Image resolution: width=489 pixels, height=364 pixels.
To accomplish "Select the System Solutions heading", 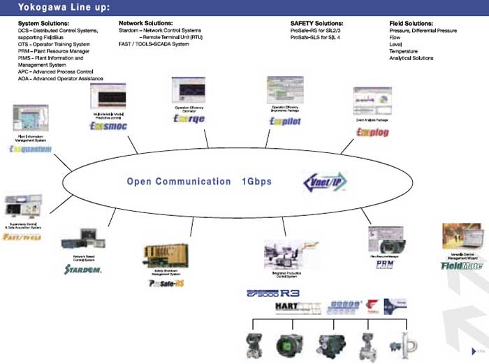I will point(43,24).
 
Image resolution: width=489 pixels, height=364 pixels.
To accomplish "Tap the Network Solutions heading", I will point(144,24).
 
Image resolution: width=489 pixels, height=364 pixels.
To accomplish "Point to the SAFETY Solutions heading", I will point(316,24).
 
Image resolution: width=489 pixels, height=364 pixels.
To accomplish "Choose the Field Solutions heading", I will point(412,24).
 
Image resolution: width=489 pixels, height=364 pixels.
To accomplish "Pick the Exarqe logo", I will point(189,119).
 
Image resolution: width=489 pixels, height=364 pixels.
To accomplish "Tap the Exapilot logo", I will point(284,121).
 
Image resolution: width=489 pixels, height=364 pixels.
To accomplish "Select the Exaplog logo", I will point(372,132).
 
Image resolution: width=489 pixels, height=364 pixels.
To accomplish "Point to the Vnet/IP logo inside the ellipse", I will point(324,182).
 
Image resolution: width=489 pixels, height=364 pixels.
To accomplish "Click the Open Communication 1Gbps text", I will point(199,182).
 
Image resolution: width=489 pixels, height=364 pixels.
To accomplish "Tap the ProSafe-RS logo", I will point(166,283).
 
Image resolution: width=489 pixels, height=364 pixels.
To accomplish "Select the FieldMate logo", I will point(462,265).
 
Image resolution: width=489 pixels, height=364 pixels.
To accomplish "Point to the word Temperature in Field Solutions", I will point(404,51).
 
